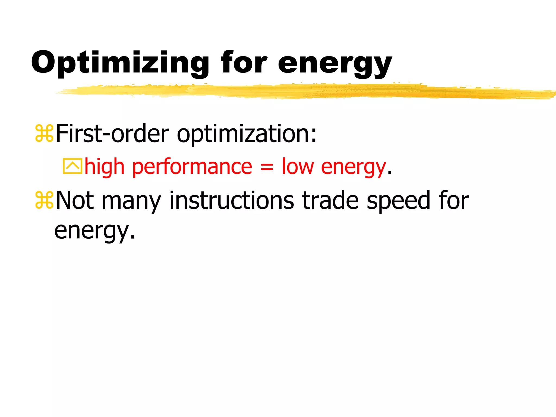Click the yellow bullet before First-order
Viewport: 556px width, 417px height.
(44, 134)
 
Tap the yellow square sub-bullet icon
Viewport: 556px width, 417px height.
(72, 166)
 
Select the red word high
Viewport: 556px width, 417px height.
(104, 167)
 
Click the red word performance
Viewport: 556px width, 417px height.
(192, 167)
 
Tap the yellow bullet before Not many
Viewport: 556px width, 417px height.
(44, 200)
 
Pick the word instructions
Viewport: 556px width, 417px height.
(231, 200)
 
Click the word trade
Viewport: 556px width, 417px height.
(330, 200)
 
